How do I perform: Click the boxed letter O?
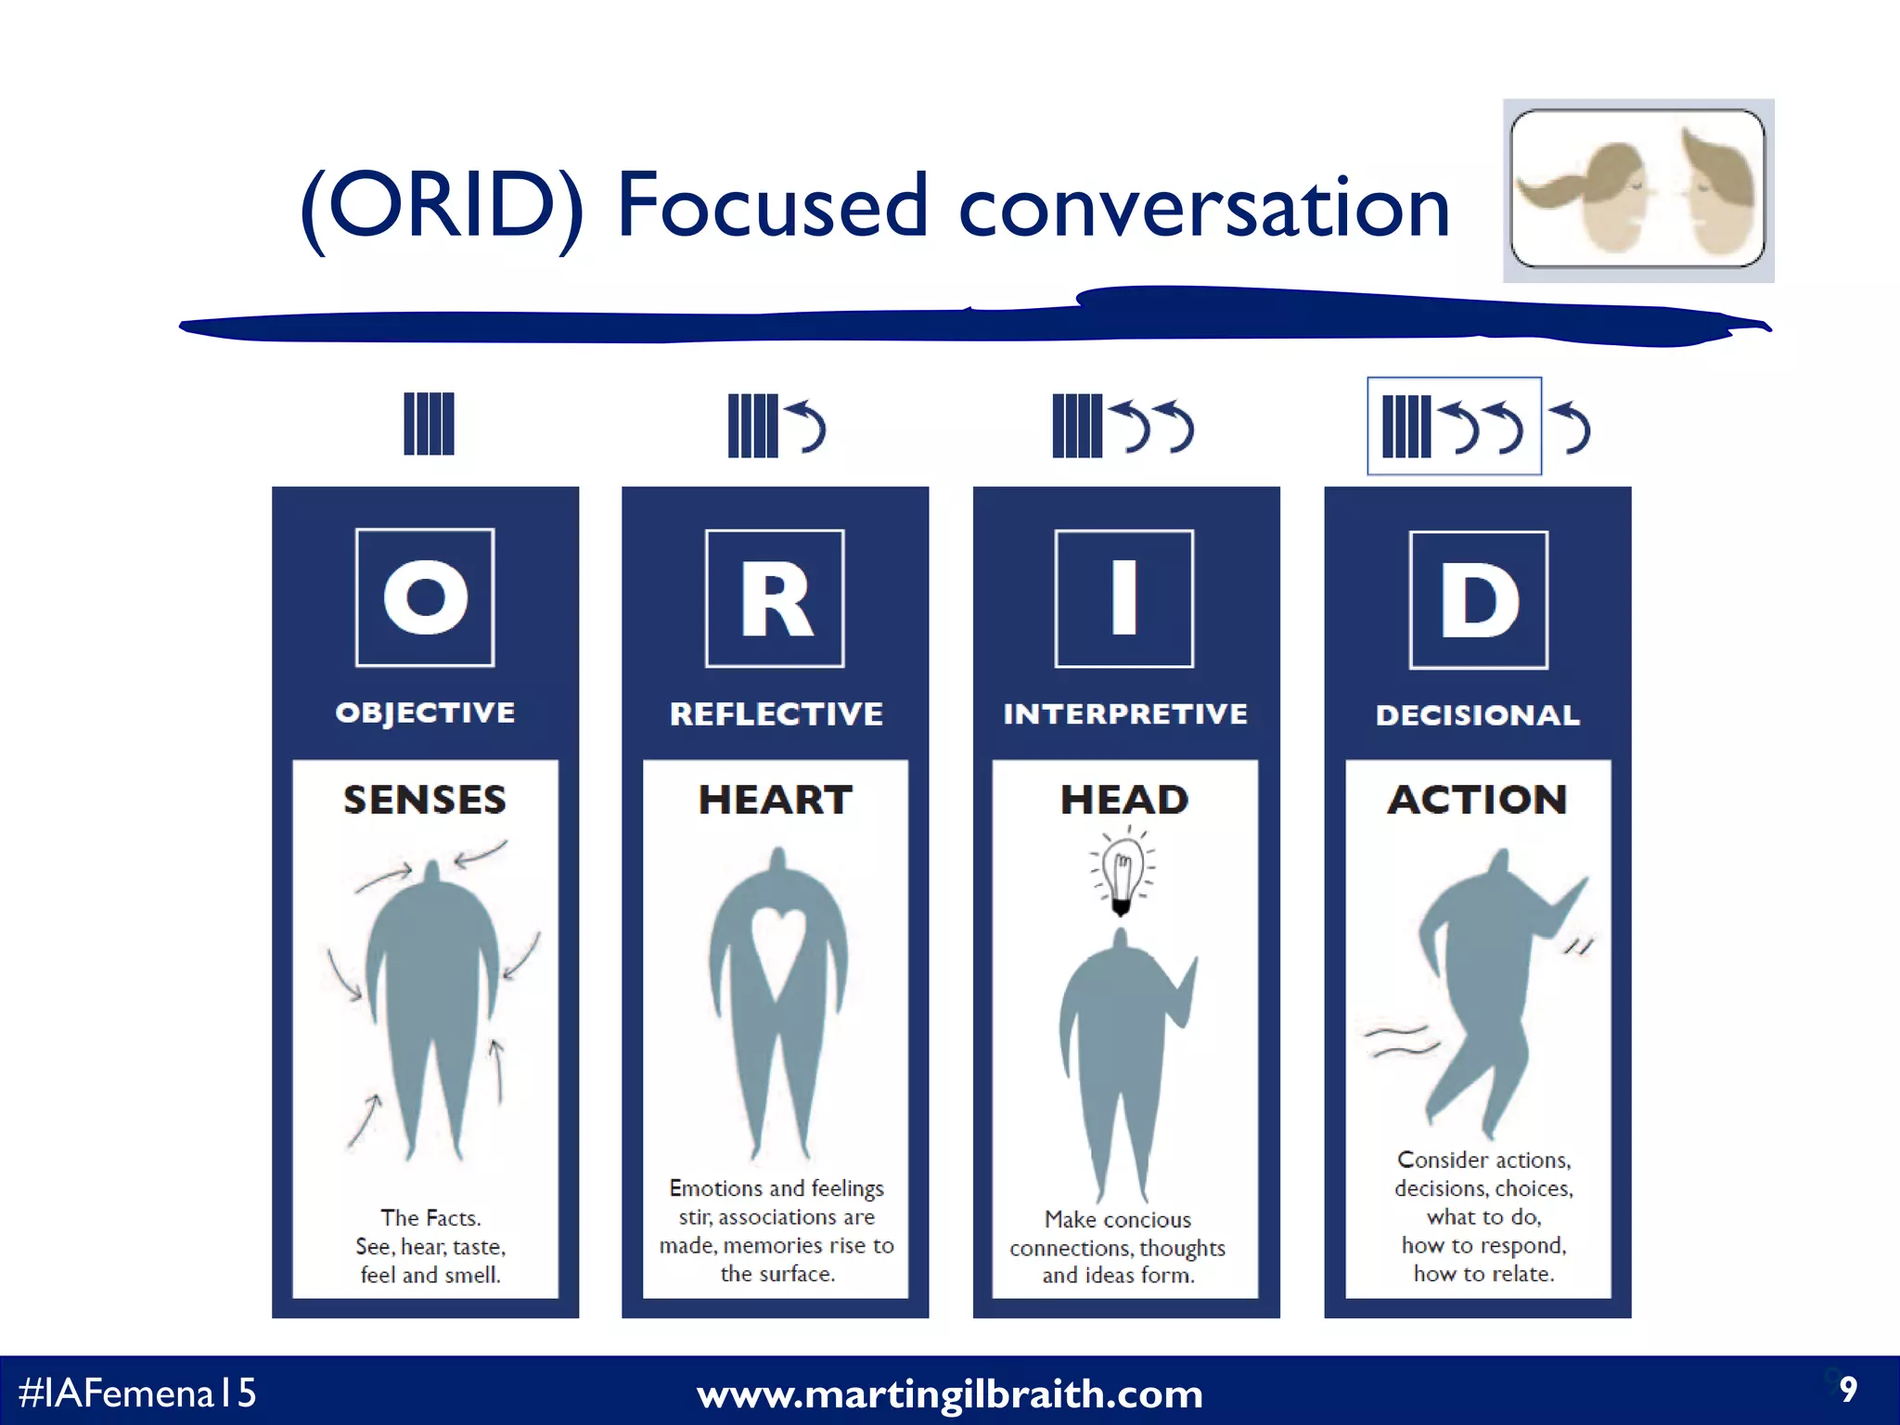(x=425, y=597)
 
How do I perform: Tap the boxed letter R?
(x=775, y=598)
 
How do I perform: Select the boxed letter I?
(x=1124, y=598)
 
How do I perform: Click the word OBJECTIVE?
(x=425, y=712)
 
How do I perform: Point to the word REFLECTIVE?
(x=776, y=713)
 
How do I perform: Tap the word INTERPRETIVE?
(x=1125, y=713)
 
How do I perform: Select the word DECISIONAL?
(x=1477, y=715)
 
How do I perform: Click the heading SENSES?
(x=425, y=800)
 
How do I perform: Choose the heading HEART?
(x=776, y=800)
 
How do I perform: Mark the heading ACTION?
(x=1477, y=800)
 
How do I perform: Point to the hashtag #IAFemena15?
(x=137, y=1393)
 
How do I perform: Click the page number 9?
(x=1848, y=1390)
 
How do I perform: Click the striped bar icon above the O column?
(x=429, y=424)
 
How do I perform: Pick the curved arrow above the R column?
(x=806, y=426)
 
